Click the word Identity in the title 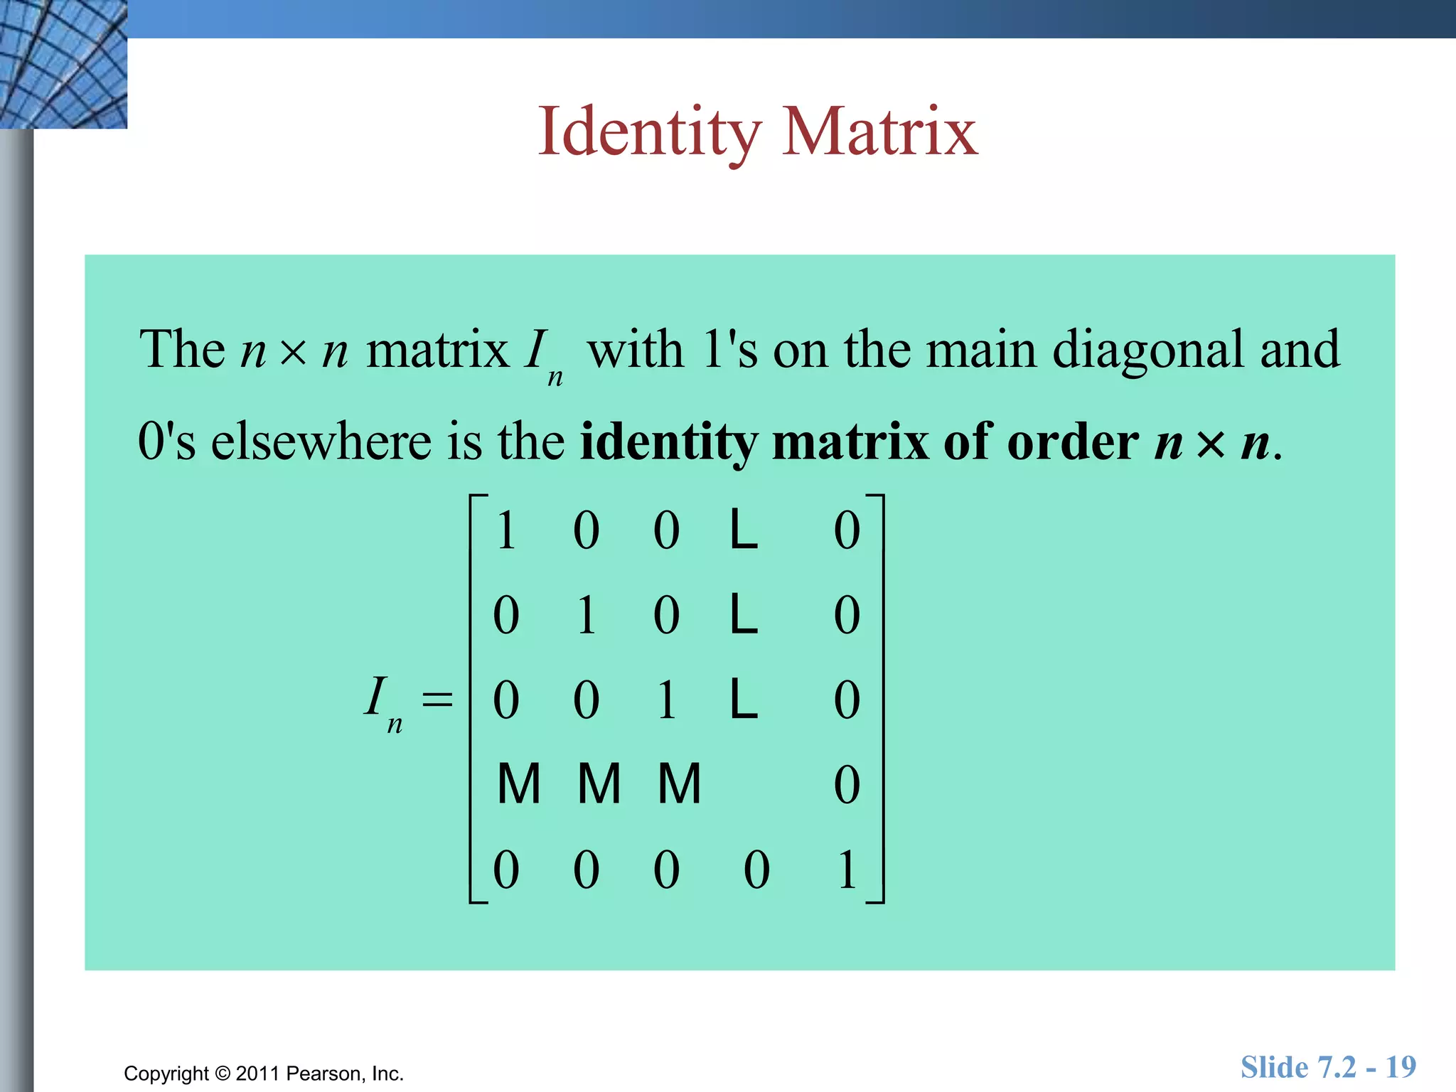pyautogui.click(x=649, y=132)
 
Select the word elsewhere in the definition pyautogui.click(x=321, y=441)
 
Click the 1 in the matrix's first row pyautogui.click(x=506, y=530)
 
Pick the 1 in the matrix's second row pyautogui.click(x=587, y=615)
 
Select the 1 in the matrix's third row pyautogui.click(x=667, y=700)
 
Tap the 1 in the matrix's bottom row pyautogui.click(x=847, y=869)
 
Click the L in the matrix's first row pyautogui.click(x=744, y=530)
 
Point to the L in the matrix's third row pyautogui.click(x=744, y=700)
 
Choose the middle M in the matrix pyautogui.click(x=599, y=784)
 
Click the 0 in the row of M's pyautogui.click(x=847, y=785)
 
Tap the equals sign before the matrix pyautogui.click(x=437, y=698)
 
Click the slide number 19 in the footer pyautogui.click(x=1400, y=1067)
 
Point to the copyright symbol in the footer pyautogui.click(x=223, y=1074)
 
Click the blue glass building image pyautogui.click(x=63, y=64)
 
